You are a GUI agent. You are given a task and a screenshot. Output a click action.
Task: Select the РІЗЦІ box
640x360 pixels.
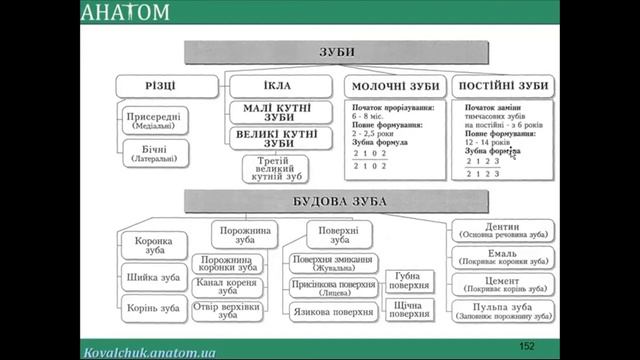click(x=166, y=85)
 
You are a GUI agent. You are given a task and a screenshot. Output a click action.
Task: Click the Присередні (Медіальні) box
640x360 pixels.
click(x=154, y=122)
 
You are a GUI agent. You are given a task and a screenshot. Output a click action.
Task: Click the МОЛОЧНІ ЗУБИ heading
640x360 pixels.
click(x=392, y=86)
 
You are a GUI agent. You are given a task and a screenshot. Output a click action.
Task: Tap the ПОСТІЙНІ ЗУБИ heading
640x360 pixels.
click(x=503, y=85)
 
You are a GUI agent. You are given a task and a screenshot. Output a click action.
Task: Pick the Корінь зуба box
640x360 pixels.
click(x=152, y=308)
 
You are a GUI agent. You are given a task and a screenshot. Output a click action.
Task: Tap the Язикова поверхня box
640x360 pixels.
click(x=333, y=313)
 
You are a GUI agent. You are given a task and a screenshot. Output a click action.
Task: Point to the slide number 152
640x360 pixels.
click(x=528, y=345)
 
